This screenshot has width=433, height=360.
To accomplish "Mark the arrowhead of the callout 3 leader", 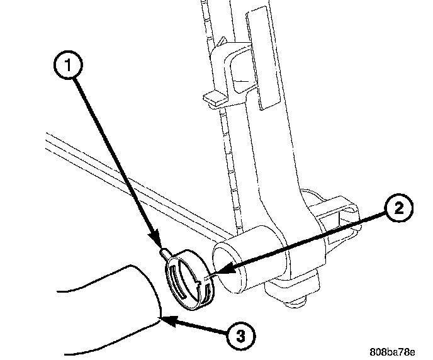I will (x=164, y=318).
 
